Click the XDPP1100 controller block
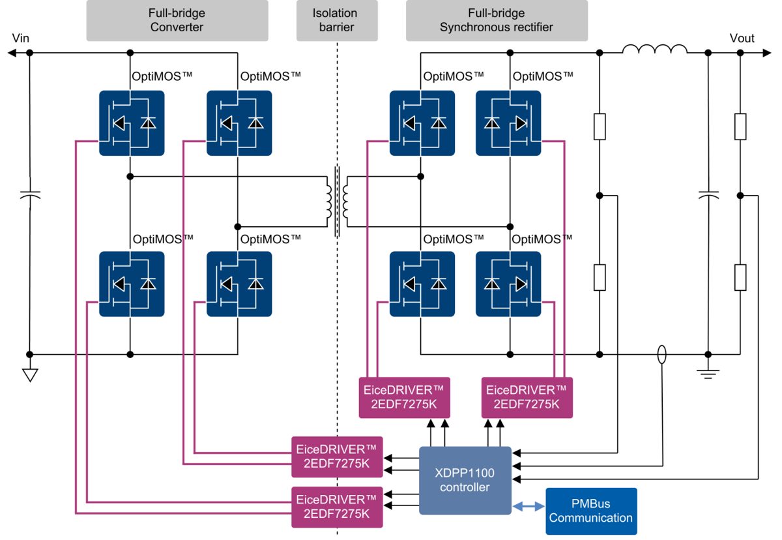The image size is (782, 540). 465,480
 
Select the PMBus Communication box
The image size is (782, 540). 591,511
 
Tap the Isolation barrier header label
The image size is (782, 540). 337,20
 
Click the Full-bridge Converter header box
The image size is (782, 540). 177,20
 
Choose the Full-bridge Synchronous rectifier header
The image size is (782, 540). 497,20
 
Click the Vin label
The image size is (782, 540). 21,38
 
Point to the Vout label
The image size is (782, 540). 742,38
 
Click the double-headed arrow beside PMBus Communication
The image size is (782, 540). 529,506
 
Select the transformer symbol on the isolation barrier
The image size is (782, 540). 337,202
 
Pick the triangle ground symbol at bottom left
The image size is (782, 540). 30,375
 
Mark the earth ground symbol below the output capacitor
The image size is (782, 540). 708,374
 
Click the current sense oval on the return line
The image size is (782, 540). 662,354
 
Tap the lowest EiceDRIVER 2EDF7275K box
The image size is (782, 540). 337,507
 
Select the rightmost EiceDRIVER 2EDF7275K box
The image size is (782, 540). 527,397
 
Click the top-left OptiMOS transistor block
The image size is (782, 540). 132,123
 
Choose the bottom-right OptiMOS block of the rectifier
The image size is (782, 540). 508,284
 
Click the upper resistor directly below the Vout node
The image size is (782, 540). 740,127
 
